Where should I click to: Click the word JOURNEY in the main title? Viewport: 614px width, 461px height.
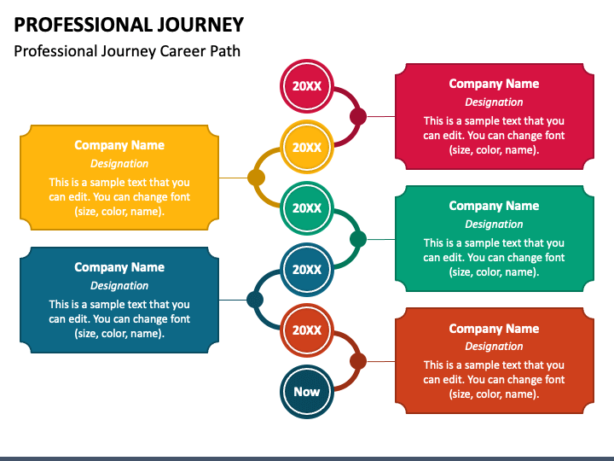[x=200, y=24]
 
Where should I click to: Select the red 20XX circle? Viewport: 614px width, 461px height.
[x=307, y=86]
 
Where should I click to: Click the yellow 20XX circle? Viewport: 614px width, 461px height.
[x=307, y=147]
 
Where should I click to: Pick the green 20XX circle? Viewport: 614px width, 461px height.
[x=307, y=207]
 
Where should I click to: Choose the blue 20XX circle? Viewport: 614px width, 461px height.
[x=307, y=269]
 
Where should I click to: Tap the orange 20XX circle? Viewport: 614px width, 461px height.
[x=307, y=330]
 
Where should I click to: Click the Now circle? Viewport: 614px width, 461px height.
[x=307, y=391]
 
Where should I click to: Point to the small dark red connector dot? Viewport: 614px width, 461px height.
[x=358, y=116]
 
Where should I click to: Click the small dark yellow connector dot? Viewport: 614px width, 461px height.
[x=256, y=178]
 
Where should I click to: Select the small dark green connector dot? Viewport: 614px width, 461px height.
[x=358, y=239]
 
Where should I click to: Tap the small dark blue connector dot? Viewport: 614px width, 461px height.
[x=255, y=300]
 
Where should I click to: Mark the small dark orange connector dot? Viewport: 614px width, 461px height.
[x=358, y=361]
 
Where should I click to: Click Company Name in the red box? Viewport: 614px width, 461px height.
[x=494, y=84]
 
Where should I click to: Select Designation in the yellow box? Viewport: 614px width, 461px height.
[x=119, y=163]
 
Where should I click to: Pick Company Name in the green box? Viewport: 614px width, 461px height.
[x=494, y=206]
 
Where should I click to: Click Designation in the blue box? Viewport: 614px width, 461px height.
[x=119, y=285]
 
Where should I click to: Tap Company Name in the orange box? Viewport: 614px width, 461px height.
[x=494, y=329]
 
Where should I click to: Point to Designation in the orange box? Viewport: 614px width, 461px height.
[x=494, y=346]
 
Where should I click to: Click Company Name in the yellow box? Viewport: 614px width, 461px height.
[x=119, y=145]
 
